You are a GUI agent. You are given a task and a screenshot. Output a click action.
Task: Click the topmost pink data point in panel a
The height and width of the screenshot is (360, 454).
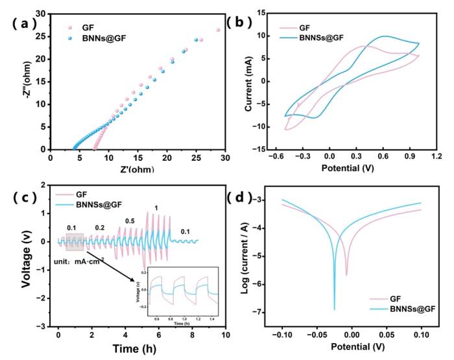pos(218,30)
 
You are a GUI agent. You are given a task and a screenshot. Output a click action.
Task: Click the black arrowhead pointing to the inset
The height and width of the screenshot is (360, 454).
pos(137,281)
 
